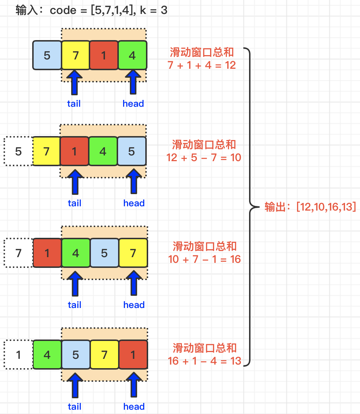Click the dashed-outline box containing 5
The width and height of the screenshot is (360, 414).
coord(18,151)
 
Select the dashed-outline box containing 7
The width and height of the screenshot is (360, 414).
coord(18,253)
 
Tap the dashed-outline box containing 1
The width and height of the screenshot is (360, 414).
coord(18,355)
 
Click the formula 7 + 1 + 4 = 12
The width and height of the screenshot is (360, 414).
coord(201,65)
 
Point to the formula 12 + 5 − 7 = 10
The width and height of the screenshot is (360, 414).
coord(204,157)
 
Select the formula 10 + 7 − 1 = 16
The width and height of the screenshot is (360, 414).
coord(204,259)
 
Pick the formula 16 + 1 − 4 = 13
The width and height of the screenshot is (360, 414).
coord(204,361)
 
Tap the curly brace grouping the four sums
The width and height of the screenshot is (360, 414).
coord(250,207)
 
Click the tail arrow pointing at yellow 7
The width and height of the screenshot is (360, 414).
coord(74,82)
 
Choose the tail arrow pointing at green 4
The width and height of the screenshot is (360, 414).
coord(74,283)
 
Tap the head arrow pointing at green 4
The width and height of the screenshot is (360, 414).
coord(133,82)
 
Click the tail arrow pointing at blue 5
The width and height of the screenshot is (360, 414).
coord(74,384)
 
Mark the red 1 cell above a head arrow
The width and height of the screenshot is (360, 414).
coord(133,355)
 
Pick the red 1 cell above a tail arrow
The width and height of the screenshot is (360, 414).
coord(74,151)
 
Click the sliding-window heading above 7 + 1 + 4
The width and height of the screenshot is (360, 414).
coord(202,53)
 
